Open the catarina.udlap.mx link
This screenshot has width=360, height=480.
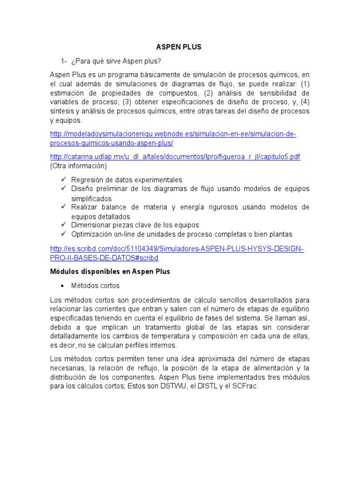point(175,157)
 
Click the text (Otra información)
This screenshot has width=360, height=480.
point(78,166)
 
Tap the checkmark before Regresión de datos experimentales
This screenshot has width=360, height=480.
point(64,180)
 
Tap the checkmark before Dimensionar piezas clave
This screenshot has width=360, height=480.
point(64,225)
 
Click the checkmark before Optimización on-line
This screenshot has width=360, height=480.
point(64,233)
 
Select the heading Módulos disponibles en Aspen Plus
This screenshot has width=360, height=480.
point(110,271)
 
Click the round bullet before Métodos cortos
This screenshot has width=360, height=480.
point(64,285)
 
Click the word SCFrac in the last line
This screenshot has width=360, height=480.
point(246,386)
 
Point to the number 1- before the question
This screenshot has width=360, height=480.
point(64,61)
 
